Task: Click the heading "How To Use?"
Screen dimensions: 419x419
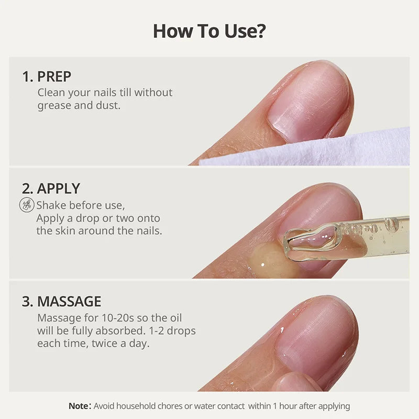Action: (x=209, y=31)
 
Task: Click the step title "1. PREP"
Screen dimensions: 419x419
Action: (x=47, y=76)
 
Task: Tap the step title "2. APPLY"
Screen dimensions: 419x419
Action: (x=51, y=189)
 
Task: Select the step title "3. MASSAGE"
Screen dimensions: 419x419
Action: (x=61, y=301)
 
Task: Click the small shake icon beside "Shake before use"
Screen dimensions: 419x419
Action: (x=27, y=205)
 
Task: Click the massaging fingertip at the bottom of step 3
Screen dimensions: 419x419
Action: (x=296, y=382)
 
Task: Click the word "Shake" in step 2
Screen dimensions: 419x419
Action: (x=50, y=205)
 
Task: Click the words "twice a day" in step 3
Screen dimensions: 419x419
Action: (x=125, y=344)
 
